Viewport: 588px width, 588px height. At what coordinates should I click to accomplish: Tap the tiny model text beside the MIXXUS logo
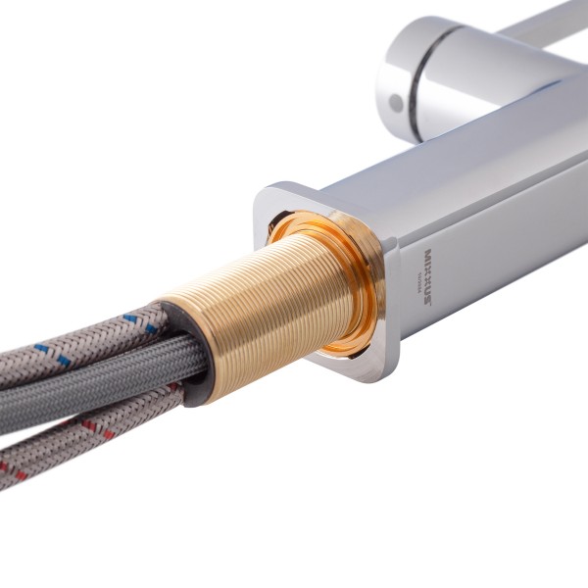[x=416, y=280]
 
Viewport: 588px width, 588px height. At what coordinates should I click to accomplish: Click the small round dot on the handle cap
[x=394, y=101]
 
